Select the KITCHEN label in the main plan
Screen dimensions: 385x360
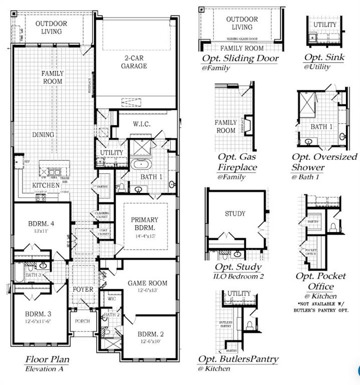[x=47, y=185]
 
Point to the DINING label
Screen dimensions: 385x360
[x=44, y=135]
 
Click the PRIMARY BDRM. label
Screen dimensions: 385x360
[x=144, y=224]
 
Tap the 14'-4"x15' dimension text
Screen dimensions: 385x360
[x=144, y=236]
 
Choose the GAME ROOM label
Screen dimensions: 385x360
[x=147, y=283]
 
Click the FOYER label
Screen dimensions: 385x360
[x=83, y=289]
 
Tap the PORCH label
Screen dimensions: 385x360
[x=82, y=321]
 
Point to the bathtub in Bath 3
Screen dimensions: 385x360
[x=18, y=275]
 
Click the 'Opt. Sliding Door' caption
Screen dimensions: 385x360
[x=240, y=58]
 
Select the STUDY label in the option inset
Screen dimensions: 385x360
[x=235, y=214]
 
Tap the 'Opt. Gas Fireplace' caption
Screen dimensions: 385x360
[x=237, y=162]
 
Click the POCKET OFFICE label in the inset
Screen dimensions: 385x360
[x=310, y=252]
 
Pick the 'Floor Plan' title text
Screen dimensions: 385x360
[x=47, y=359]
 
